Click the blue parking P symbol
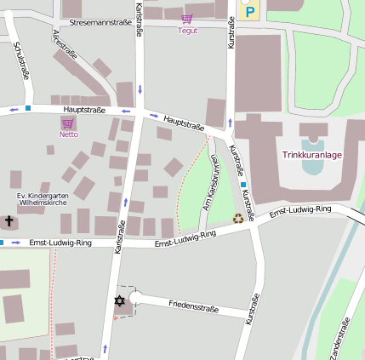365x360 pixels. (x=250, y=11)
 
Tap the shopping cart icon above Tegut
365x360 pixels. (x=187, y=18)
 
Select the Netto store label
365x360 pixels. (x=69, y=134)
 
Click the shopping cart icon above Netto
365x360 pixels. (x=68, y=123)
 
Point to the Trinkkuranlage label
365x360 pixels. (x=311, y=155)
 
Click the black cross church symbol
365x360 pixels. (x=9, y=221)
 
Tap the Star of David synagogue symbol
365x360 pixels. (x=119, y=300)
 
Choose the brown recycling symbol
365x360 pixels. (x=238, y=218)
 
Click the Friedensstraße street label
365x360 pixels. (x=193, y=304)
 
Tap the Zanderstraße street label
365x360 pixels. (x=334, y=339)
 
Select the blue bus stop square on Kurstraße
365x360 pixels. (x=243, y=185)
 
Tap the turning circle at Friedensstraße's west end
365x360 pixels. (x=135, y=297)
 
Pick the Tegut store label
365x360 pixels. (x=187, y=30)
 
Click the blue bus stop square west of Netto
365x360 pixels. (x=28, y=108)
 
